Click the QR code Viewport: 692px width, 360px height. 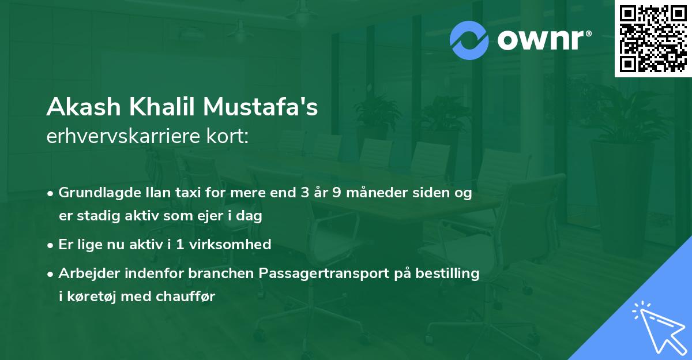coord(653,39)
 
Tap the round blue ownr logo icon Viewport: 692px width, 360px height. coord(469,40)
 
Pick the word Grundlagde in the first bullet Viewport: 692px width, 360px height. coord(96,193)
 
